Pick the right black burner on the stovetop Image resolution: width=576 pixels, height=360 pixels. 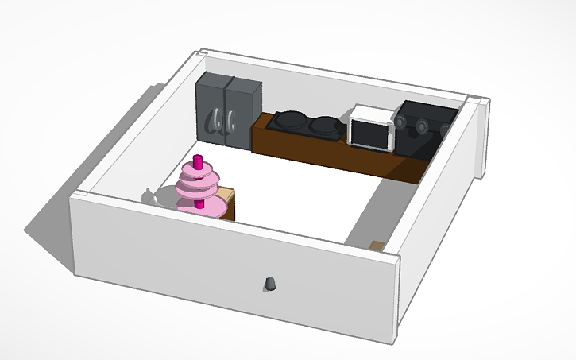coord(325,124)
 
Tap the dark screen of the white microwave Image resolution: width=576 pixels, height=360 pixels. coord(369,134)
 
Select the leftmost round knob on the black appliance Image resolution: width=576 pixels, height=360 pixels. coord(401,122)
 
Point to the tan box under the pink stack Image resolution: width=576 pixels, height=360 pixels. coord(226,203)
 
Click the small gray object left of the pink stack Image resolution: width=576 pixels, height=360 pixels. coord(150,195)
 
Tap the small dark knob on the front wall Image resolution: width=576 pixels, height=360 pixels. coord(271,283)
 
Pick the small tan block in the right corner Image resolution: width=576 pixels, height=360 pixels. coord(377,245)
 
